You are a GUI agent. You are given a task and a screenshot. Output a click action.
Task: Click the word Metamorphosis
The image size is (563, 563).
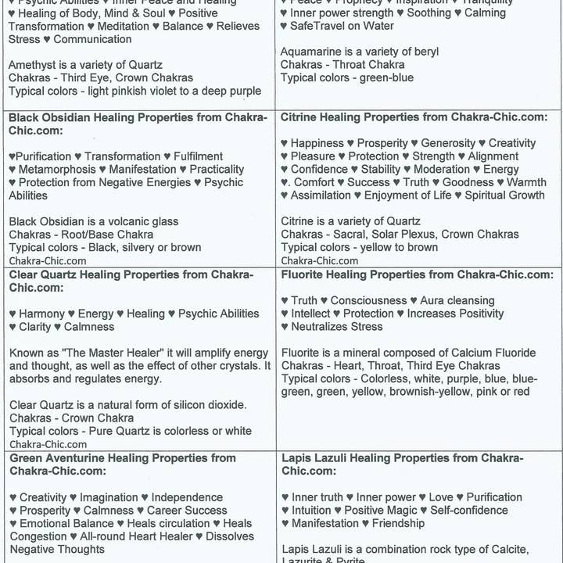(x=56, y=169)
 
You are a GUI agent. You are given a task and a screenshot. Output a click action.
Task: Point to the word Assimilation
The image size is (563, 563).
(x=321, y=195)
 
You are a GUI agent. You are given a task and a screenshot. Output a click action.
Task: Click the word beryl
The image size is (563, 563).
(x=423, y=52)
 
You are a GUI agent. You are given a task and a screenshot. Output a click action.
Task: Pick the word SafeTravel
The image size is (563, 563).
(x=325, y=26)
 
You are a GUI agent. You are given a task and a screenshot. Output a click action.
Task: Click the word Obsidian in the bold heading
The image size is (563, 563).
(x=71, y=117)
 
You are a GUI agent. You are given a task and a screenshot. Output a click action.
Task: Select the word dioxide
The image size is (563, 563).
(x=226, y=405)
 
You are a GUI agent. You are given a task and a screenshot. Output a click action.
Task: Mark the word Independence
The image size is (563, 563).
(x=187, y=497)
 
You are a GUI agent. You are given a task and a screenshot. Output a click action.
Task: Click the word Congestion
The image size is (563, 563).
(x=38, y=536)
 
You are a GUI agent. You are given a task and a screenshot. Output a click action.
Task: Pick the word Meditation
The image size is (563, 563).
(x=118, y=26)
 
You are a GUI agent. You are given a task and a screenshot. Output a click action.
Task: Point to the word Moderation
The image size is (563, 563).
(x=442, y=169)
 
